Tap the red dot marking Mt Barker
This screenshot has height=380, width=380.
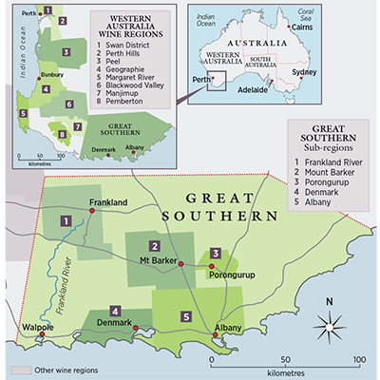coord(180,264)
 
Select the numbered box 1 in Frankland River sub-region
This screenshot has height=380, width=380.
coord(66,220)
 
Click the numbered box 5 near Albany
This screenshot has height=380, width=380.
coord(187,315)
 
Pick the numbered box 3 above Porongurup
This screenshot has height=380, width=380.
coord(216,253)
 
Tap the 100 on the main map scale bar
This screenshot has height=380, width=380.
coord(359,361)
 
